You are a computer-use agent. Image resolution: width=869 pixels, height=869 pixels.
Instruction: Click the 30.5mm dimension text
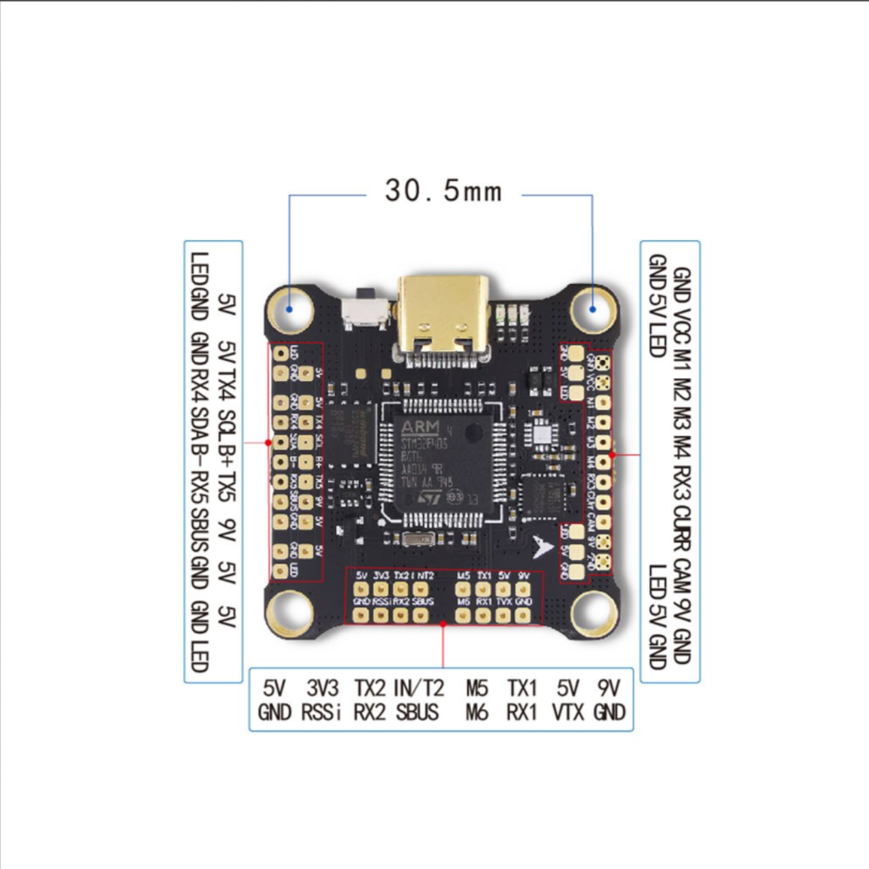coord(443,190)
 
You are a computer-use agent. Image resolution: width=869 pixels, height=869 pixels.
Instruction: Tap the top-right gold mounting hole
coord(592,308)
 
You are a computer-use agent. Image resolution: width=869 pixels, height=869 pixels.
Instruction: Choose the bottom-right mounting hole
coord(594,613)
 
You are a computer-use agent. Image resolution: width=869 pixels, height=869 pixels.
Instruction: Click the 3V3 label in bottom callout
coord(322,688)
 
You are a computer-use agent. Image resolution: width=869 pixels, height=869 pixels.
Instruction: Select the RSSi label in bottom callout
coord(321,712)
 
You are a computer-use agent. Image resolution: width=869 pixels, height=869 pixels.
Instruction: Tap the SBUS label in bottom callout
coord(417,712)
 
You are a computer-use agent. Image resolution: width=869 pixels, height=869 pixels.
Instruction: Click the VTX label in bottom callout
coord(568,712)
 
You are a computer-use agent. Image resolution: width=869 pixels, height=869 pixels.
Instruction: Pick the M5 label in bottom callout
coord(477,688)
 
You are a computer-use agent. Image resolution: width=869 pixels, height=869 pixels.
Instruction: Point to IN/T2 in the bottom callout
coord(418,688)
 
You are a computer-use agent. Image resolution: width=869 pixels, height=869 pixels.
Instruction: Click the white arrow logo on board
coord(543,545)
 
